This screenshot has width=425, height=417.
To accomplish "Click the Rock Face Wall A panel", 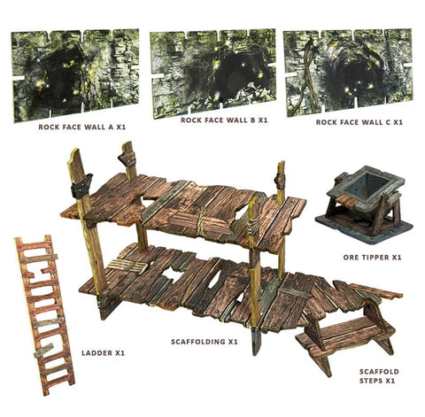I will tap(76, 74).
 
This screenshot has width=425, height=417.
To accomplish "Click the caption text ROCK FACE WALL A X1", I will tap(81, 127).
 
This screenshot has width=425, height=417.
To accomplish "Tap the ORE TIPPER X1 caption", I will tap(372, 257).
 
